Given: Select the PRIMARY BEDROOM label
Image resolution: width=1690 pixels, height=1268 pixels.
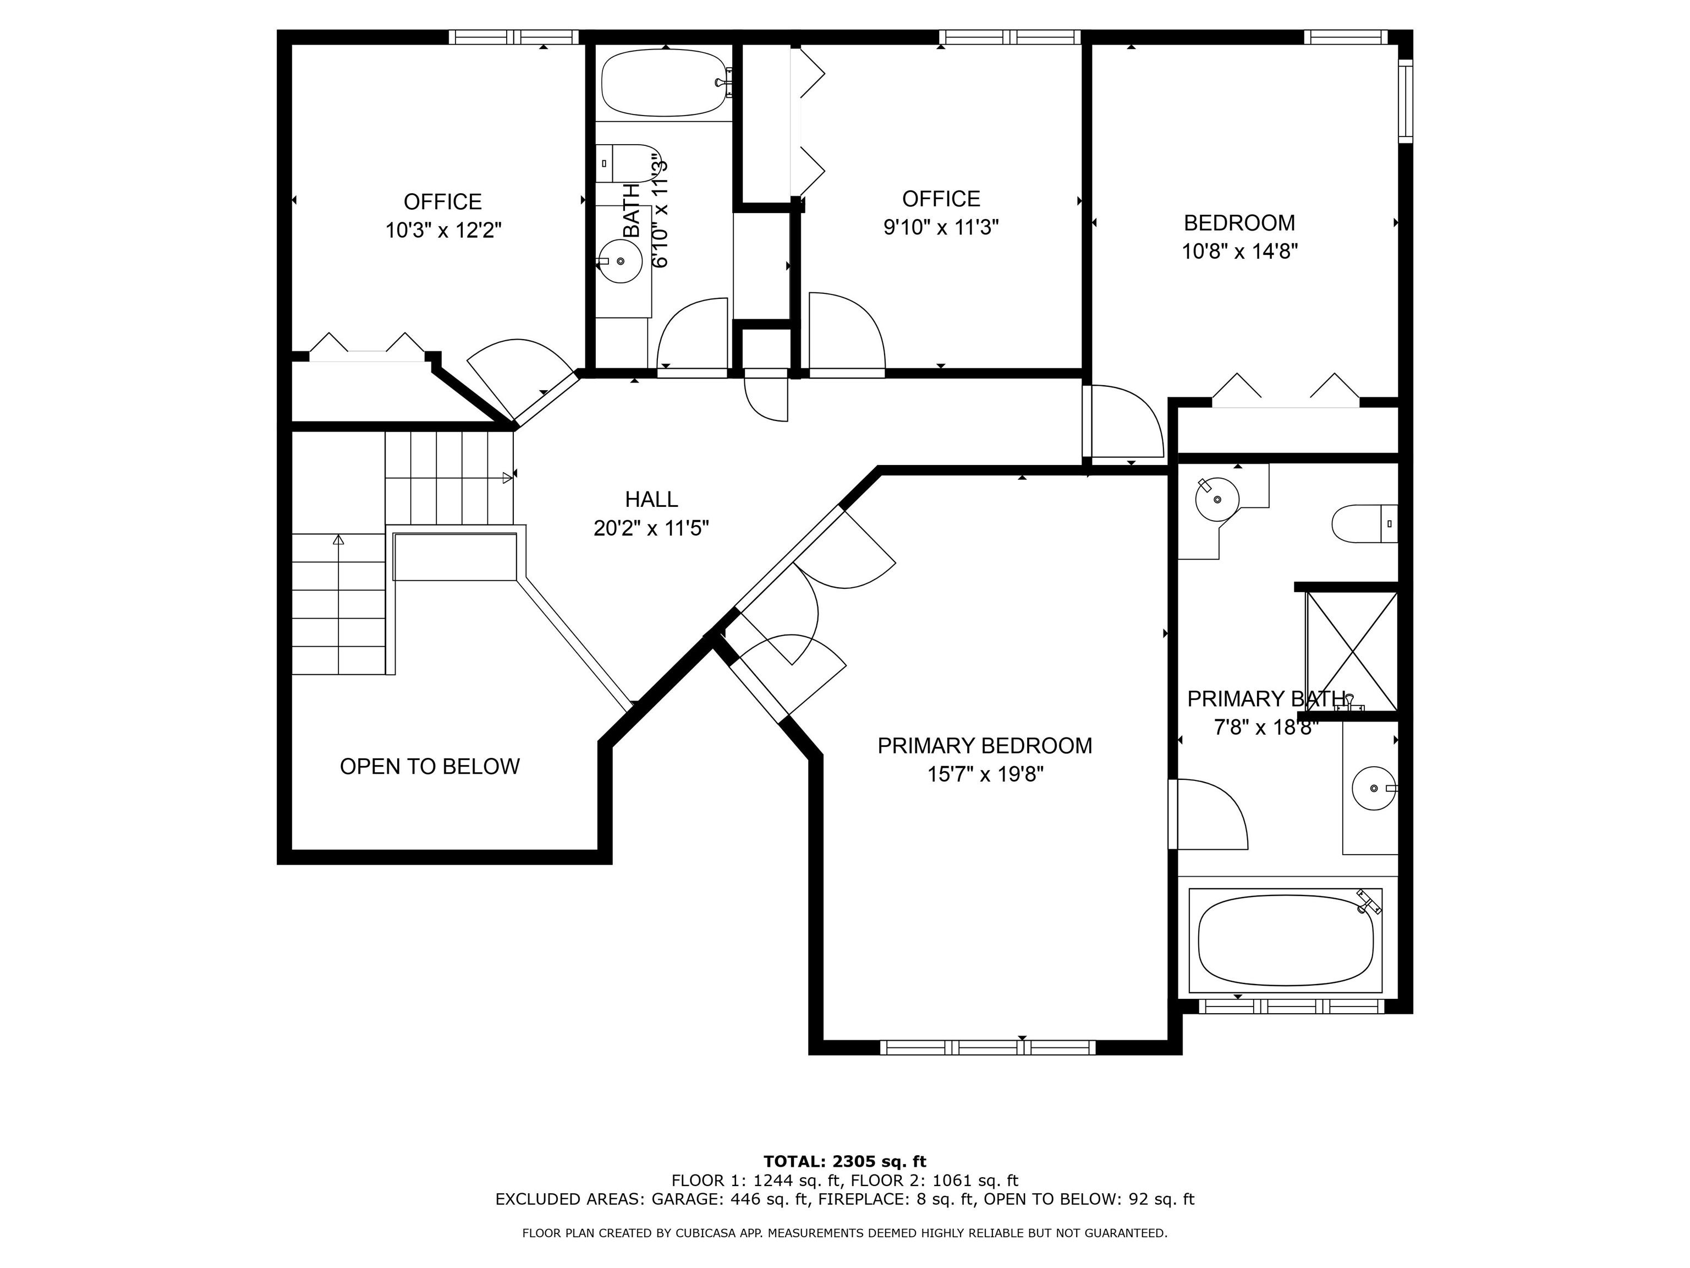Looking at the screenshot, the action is pos(984,745).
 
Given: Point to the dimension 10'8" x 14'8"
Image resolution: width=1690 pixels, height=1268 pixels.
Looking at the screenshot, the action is pos(1239,252).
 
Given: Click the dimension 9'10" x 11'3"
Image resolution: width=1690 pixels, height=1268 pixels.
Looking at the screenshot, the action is pos(941,227).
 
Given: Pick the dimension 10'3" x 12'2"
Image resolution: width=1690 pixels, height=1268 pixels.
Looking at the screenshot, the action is pos(443,230).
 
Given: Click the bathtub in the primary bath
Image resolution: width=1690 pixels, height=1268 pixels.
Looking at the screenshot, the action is pos(1286,940).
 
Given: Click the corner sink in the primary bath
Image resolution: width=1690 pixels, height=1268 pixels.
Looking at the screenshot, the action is pos(1216,499).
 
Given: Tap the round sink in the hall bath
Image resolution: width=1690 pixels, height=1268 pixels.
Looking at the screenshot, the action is pos(621,261).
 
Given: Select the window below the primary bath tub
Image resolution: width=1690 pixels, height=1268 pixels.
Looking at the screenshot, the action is pos(1291,1007).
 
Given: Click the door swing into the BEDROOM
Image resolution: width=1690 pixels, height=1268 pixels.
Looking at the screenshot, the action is pos(1123,422).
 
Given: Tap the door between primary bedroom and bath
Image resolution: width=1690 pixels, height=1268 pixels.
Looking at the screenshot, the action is pos(1209,814).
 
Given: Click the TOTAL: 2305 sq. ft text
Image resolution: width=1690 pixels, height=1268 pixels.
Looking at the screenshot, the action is pos(845,1162).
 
